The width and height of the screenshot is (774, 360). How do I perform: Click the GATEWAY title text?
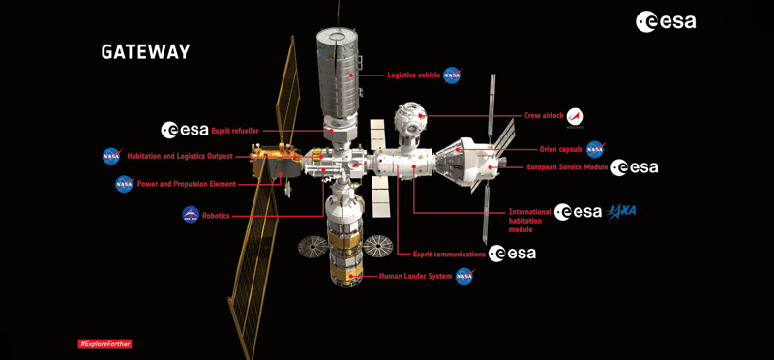pyautogui.click(x=146, y=52)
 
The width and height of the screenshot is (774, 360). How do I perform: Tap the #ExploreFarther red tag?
pyautogui.click(x=105, y=344)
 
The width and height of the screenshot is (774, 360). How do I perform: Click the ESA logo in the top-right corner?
pyautogui.click(x=666, y=21)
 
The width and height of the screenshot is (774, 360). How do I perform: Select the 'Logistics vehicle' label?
pyautogui.click(x=414, y=75)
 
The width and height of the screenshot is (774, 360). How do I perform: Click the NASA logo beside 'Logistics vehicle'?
pyautogui.click(x=452, y=75)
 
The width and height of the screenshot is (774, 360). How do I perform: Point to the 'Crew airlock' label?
pyautogui.click(x=543, y=116)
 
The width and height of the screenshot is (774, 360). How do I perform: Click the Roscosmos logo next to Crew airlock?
pyautogui.click(x=575, y=117)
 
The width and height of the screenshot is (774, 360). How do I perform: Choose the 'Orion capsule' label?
pyautogui.click(x=561, y=149)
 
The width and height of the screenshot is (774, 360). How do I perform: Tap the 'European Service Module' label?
pyautogui.click(x=567, y=167)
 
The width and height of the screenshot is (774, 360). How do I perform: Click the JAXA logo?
pyautogui.click(x=621, y=212)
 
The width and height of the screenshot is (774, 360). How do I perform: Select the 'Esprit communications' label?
pyautogui.click(x=449, y=255)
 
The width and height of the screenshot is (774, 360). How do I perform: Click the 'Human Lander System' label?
pyautogui.click(x=415, y=277)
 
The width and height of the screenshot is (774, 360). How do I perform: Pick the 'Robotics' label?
pyautogui.click(x=216, y=216)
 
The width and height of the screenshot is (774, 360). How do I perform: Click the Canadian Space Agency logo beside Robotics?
pyautogui.click(x=191, y=214)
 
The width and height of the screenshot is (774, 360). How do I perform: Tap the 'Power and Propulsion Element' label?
pyautogui.click(x=186, y=184)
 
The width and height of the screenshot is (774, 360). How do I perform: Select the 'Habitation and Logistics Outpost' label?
pyautogui.click(x=180, y=156)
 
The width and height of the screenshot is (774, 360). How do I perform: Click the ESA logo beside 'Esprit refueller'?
pyautogui.click(x=185, y=130)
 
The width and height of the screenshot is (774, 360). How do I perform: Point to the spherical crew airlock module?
pyautogui.click(x=409, y=118)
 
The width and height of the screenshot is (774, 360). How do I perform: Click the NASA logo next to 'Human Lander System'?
pyautogui.click(x=464, y=277)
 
